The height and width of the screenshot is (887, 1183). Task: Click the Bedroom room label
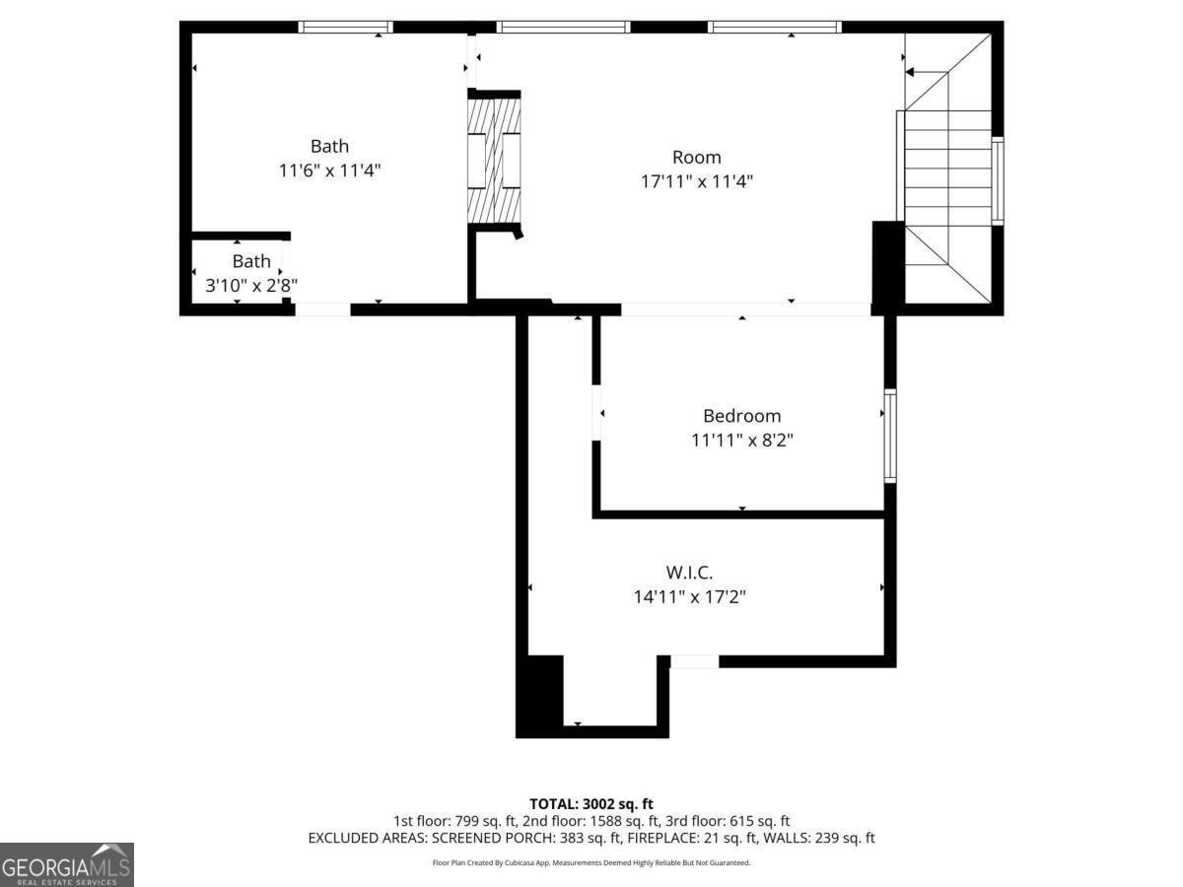coord(741,416)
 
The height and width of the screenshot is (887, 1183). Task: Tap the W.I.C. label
coord(689,572)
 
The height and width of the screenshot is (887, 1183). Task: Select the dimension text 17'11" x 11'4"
coord(697,181)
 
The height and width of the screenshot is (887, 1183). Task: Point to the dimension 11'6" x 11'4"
coord(329,171)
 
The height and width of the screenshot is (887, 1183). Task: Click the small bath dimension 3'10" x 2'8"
coord(251,285)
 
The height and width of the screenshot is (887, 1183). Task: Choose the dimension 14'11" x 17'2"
coord(689,596)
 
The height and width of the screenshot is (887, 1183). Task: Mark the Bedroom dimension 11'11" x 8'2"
coord(741,441)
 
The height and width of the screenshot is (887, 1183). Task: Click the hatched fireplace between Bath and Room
coord(494,158)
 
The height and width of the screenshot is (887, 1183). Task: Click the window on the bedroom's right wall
coord(889,436)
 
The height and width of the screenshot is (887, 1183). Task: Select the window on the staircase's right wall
coord(997,181)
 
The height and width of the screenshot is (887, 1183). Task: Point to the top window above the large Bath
coord(345,28)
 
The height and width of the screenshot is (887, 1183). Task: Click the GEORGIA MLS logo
coord(66,864)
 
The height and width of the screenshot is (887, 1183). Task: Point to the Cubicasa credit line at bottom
coord(591,862)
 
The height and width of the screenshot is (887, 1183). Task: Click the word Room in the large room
coord(697,157)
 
